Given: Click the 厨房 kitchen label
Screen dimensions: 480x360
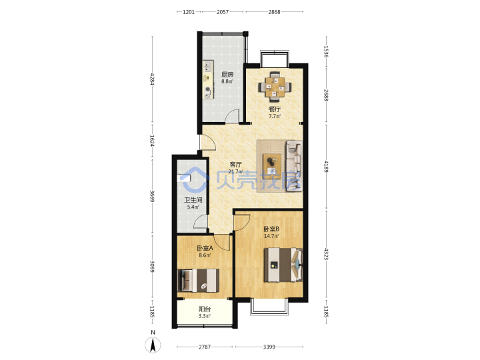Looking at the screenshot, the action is coord(227,74).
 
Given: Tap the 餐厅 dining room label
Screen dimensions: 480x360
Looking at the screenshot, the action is coord(275,109).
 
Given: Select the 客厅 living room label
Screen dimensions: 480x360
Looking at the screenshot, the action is coord(236,165).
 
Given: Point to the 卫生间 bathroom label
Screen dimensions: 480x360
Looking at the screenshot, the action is coord(193,200).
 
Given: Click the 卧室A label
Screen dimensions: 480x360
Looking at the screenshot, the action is coord(205,248).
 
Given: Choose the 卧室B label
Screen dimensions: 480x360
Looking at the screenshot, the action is coord(271,229).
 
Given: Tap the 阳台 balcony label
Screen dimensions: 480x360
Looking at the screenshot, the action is coord(205,309).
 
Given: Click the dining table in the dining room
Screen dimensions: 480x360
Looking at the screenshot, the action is coord(275,87).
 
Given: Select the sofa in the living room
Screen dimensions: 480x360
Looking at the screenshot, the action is coord(294,166).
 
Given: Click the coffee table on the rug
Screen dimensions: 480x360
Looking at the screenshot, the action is coord(272,166).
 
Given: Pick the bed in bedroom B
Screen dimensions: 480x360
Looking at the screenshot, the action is coord(283,265).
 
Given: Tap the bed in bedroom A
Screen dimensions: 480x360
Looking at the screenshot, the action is coord(199,280).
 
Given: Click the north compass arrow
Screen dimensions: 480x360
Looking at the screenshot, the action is coord(153,345).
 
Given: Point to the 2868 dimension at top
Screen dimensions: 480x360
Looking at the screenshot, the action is coord(274,12).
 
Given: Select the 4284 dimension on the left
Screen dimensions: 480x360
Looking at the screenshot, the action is coord(152,79).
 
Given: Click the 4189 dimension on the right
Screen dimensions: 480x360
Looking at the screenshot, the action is coord(326,166).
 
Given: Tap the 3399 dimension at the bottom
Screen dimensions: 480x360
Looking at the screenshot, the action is coord(269,347).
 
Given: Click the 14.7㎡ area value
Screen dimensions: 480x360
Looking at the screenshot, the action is coord(271,236).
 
